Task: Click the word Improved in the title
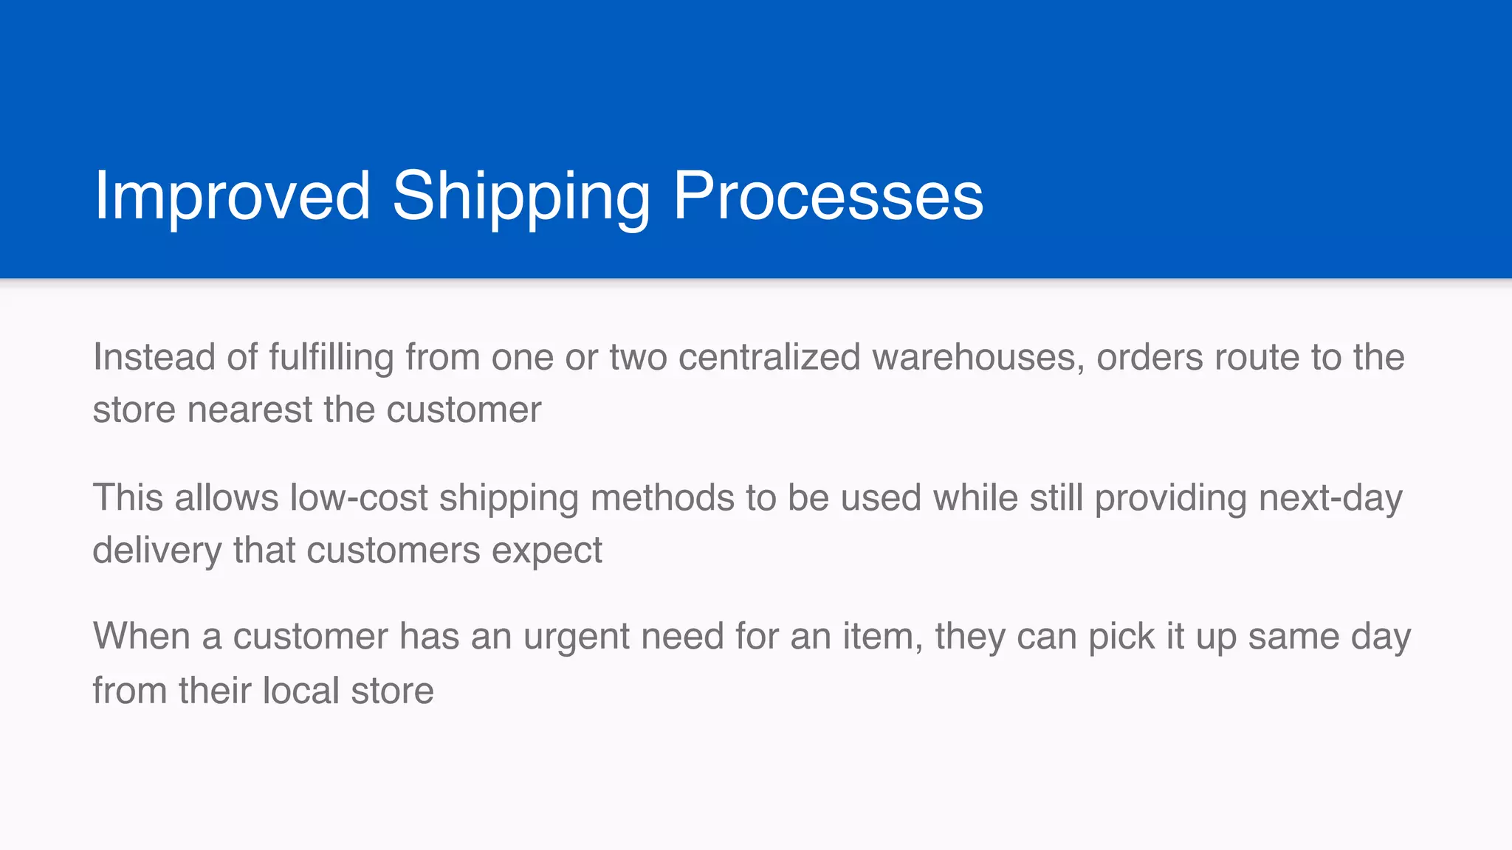tap(232, 196)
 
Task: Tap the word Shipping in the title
tap(521, 196)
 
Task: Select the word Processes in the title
tap(828, 196)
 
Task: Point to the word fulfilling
tap(330, 357)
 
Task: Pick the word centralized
tap(769, 357)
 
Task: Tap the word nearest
tap(250, 410)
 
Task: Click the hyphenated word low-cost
tap(359, 497)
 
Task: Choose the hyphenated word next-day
tap(1330, 497)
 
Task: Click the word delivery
tap(157, 550)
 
